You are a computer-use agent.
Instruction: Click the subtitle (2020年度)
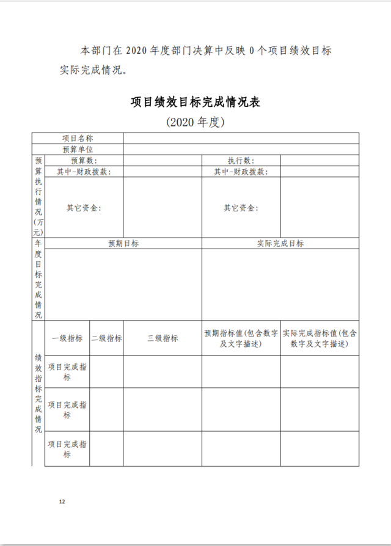coord(195,122)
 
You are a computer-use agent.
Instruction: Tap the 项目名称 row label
coord(78,139)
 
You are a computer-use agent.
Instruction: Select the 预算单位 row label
coord(78,149)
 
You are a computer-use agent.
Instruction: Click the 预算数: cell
coord(84,160)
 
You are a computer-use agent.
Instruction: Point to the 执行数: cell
coord(241,160)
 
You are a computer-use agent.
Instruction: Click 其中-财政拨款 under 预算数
coord(84,172)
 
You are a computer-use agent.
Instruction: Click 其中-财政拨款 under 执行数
coord(241,172)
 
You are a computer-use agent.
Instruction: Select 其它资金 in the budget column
coord(84,208)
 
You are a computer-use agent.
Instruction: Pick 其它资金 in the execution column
coord(241,208)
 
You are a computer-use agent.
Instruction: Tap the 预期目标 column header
coord(123,243)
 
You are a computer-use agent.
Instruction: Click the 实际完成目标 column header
coord(280,243)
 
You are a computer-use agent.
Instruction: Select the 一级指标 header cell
coord(67,338)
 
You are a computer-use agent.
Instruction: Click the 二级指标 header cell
coord(106,338)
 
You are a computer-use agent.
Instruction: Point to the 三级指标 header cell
coord(163,338)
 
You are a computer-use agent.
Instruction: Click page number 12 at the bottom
coord(62,501)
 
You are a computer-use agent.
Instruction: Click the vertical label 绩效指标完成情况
coord(38,393)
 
